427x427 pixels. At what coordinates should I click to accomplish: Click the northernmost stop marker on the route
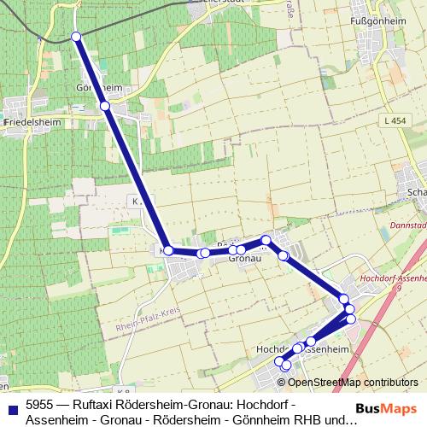[x=76, y=37]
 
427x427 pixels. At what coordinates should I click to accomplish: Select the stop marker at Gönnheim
[x=105, y=106]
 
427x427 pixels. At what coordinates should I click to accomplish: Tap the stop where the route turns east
[x=168, y=250]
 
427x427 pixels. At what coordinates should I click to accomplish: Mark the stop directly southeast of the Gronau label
[x=283, y=255]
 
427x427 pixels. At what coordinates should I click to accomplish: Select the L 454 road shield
[x=395, y=122]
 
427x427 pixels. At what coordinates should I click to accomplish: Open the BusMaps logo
[x=385, y=410]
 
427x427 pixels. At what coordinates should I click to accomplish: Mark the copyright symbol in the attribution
[x=284, y=383]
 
